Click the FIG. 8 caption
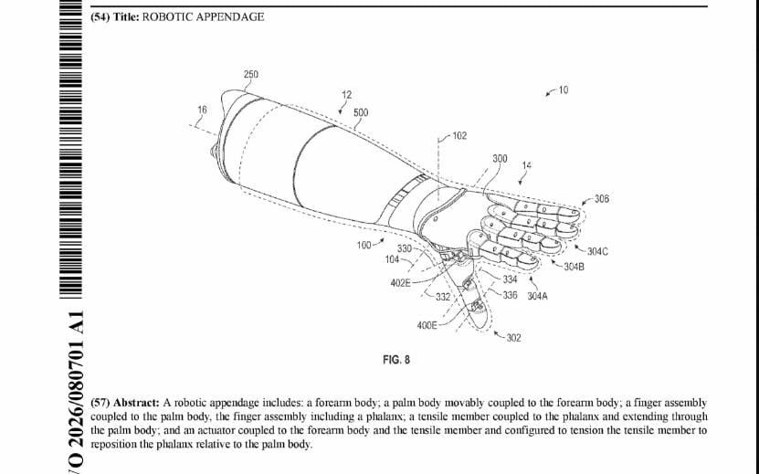click(396, 360)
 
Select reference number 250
click(250, 74)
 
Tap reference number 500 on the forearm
click(361, 112)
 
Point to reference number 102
click(459, 136)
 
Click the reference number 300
click(500, 159)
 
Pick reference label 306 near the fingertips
click(602, 199)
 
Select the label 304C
click(598, 251)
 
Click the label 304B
click(574, 267)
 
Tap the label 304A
click(538, 296)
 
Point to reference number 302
click(513, 338)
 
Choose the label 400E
click(427, 325)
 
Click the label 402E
click(400, 282)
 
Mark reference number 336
click(511, 295)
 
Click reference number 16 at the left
click(202, 110)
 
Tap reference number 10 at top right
click(564, 90)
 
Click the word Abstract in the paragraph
click(135, 402)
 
